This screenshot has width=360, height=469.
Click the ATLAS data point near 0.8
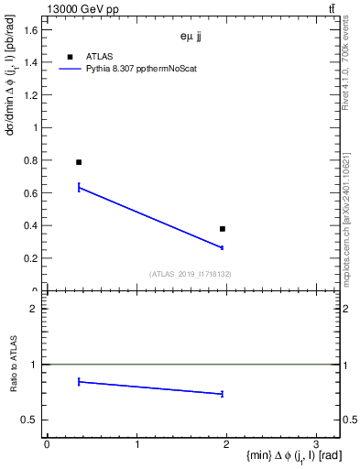tap(79, 162)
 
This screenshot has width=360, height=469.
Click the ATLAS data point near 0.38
tap(223, 228)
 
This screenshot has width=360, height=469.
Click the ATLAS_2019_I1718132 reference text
tap(191, 274)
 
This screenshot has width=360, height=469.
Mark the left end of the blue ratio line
tap(79, 381)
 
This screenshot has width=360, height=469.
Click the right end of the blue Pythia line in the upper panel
tap(223, 247)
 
